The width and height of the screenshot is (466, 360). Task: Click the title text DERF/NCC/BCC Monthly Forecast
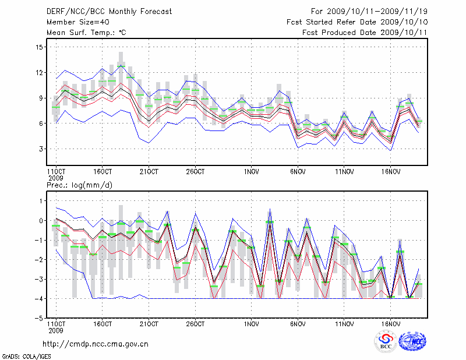109,11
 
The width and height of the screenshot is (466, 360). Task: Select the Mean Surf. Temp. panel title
86,33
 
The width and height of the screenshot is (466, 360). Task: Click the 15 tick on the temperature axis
40,47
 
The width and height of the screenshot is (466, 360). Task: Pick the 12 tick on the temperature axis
40,73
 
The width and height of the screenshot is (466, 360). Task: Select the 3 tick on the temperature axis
42,149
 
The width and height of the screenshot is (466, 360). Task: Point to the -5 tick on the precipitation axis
40,319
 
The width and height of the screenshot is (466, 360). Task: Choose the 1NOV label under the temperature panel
252,172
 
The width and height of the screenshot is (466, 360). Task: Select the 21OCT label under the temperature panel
149,172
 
